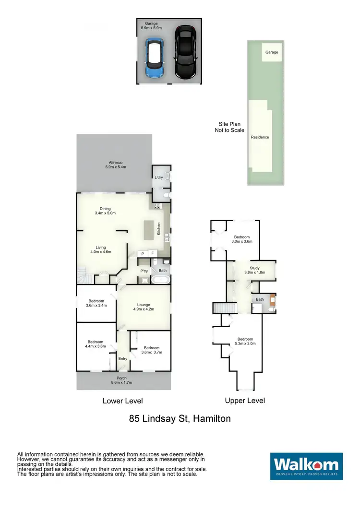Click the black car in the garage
click(x=185, y=52)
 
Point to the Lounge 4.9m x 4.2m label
click(x=144, y=307)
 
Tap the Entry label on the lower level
click(x=123, y=358)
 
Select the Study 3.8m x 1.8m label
click(x=254, y=270)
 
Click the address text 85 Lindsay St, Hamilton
click(x=180, y=418)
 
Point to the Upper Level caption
click(x=245, y=400)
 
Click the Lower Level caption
click(x=123, y=401)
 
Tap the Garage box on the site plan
click(x=272, y=52)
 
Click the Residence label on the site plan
click(x=260, y=137)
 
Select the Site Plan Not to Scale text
click(x=229, y=127)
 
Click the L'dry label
click(x=158, y=178)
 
